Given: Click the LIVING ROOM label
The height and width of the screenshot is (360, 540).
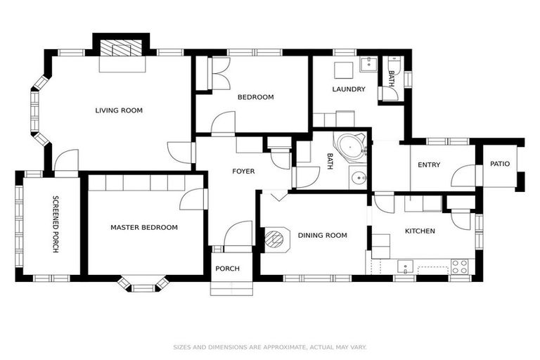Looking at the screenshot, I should tap(119, 110).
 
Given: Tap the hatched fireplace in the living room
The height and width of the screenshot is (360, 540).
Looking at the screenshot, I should tap(122, 49).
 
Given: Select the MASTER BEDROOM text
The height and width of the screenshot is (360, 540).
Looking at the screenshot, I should tap(143, 228).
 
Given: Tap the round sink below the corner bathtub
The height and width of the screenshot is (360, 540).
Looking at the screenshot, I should tap(359, 177).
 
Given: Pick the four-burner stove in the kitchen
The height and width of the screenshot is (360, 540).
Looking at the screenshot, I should tap(459, 266).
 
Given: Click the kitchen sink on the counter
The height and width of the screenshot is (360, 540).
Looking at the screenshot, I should tap(404, 266).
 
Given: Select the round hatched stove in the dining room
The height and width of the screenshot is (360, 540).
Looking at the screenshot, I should tap(274, 238).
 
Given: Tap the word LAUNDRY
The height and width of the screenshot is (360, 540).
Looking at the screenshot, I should tap(349, 89).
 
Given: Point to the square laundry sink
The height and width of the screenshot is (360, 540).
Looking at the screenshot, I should tap(342, 71).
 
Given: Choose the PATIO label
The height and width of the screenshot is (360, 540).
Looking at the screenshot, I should tap(500, 164).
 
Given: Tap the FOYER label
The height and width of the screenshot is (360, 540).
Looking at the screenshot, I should tap(243, 172).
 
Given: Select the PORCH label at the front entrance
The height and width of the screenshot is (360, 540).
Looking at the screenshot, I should tap(227, 269).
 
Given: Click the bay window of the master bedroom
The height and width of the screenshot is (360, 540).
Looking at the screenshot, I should tap(143, 283).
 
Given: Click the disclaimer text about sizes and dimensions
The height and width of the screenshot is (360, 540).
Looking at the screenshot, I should tap(270, 347).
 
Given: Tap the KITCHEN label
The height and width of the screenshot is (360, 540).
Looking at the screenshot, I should tap(420, 231).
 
